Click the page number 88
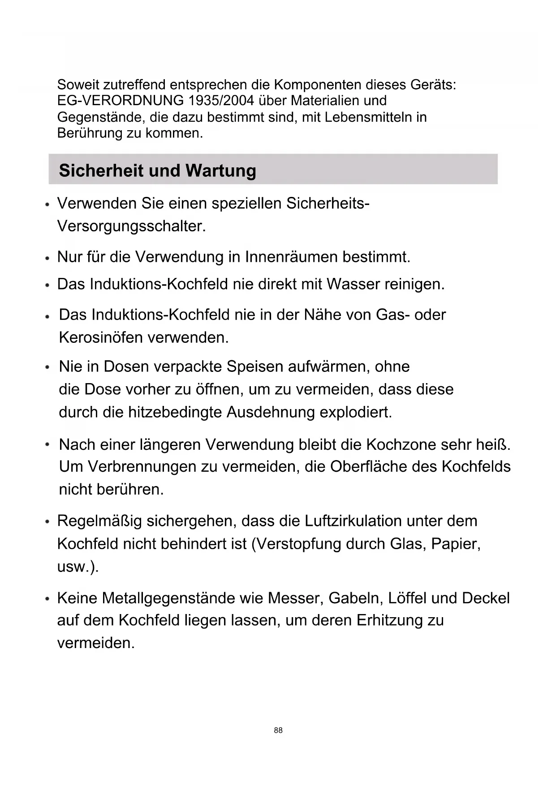click(x=278, y=730)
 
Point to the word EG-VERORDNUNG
click(x=121, y=101)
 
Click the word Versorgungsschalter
click(x=131, y=226)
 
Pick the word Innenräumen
click(x=291, y=257)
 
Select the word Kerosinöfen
click(x=101, y=337)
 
